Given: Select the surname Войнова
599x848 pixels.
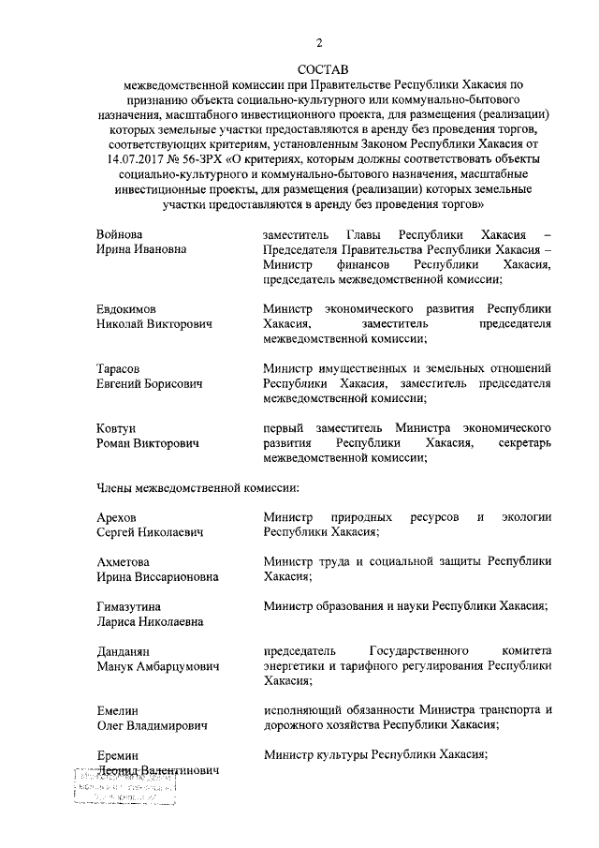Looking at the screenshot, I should (x=124, y=233).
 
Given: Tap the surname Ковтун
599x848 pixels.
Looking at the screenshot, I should (x=119, y=427).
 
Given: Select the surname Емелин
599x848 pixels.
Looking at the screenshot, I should (x=120, y=709).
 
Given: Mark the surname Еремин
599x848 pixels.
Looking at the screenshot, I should (x=120, y=754).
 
